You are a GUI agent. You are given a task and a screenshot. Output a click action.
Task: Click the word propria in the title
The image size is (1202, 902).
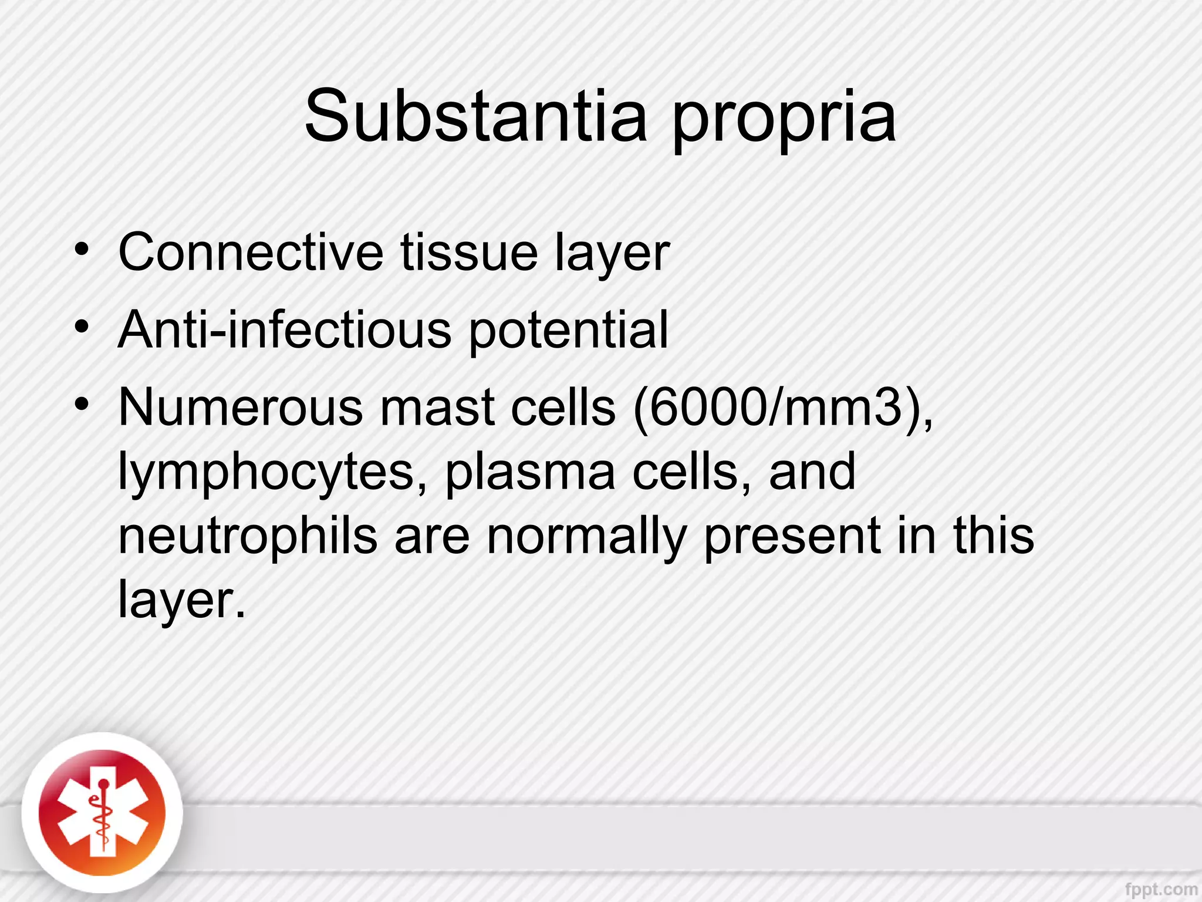click(x=784, y=120)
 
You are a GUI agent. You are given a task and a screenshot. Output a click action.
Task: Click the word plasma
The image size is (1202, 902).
click(x=530, y=473)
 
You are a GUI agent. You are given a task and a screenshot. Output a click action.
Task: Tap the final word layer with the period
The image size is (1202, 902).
click(x=181, y=601)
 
